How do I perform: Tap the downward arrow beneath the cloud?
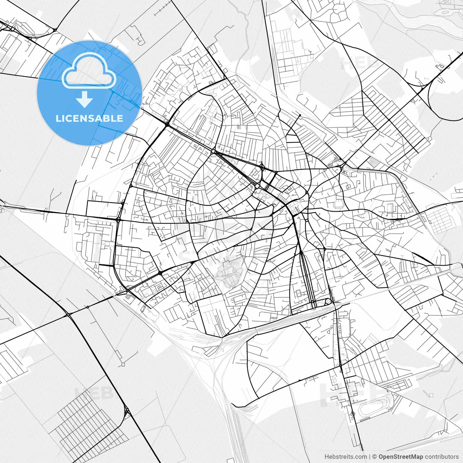coord(84,100)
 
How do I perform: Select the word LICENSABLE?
coord(89,118)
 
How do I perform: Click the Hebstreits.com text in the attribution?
coord(345,457)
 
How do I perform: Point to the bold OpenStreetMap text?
coord(401,457)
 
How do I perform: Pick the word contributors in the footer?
coord(442,457)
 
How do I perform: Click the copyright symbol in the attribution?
coord(375,457)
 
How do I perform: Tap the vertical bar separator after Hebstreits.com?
coord(370,457)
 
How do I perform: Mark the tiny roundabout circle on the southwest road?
coord(87,307)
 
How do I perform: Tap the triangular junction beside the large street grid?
coord(126,411)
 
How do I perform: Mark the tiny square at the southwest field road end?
coord(123,364)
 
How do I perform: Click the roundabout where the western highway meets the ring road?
coord(118,219)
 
